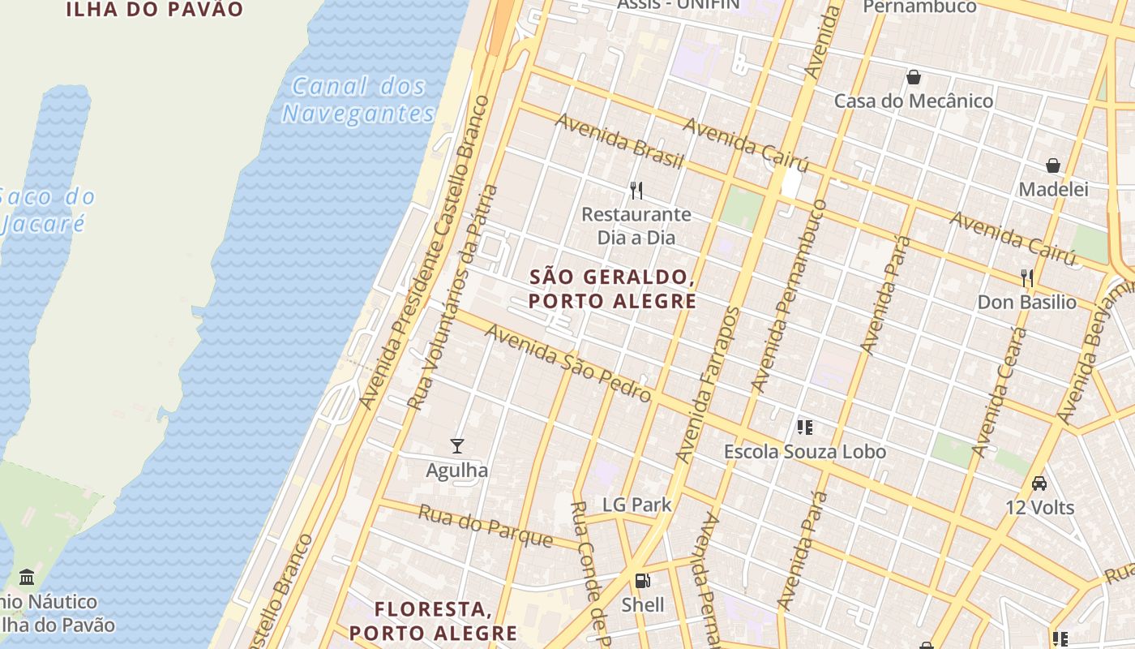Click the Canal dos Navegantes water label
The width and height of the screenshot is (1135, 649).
coord(358,99)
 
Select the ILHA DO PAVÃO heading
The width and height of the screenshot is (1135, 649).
coord(154,10)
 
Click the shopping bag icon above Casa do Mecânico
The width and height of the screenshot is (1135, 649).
coord(914,77)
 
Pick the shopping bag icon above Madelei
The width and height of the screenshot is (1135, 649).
coord(1053,165)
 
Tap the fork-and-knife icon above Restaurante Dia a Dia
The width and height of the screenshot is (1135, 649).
coord(636,191)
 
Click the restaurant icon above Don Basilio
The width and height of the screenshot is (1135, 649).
coord(1027,278)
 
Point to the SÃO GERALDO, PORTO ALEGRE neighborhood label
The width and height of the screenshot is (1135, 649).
coord(612,289)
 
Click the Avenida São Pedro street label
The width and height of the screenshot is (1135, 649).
coord(567,363)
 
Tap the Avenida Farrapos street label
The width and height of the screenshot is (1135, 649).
coord(709,385)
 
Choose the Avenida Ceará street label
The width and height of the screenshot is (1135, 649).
coord(999,392)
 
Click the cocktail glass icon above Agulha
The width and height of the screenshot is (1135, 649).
coord(457,446)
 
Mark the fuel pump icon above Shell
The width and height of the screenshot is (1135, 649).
coord(642,581)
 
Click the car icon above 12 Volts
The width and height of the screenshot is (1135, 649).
coord(1039,484)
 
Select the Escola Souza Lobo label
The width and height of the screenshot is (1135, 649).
coord(804,452)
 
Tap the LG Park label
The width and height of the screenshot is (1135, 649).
coord(636,505)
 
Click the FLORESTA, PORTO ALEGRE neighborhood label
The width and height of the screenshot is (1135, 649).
coord(433,621)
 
